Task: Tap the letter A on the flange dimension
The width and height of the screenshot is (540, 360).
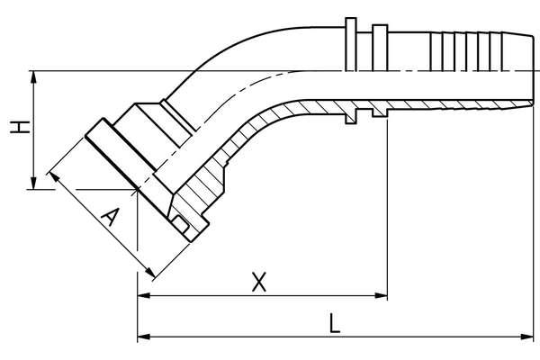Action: coord(109,218)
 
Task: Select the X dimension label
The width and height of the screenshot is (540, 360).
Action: coord(259,282)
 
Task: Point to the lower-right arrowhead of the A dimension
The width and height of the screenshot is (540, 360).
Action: coord(149,273)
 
